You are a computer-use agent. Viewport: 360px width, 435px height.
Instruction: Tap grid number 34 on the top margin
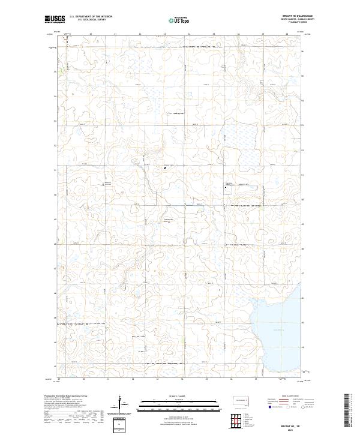[x=189, y=35]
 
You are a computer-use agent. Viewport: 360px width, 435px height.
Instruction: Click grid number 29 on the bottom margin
[x=60, y=379]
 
